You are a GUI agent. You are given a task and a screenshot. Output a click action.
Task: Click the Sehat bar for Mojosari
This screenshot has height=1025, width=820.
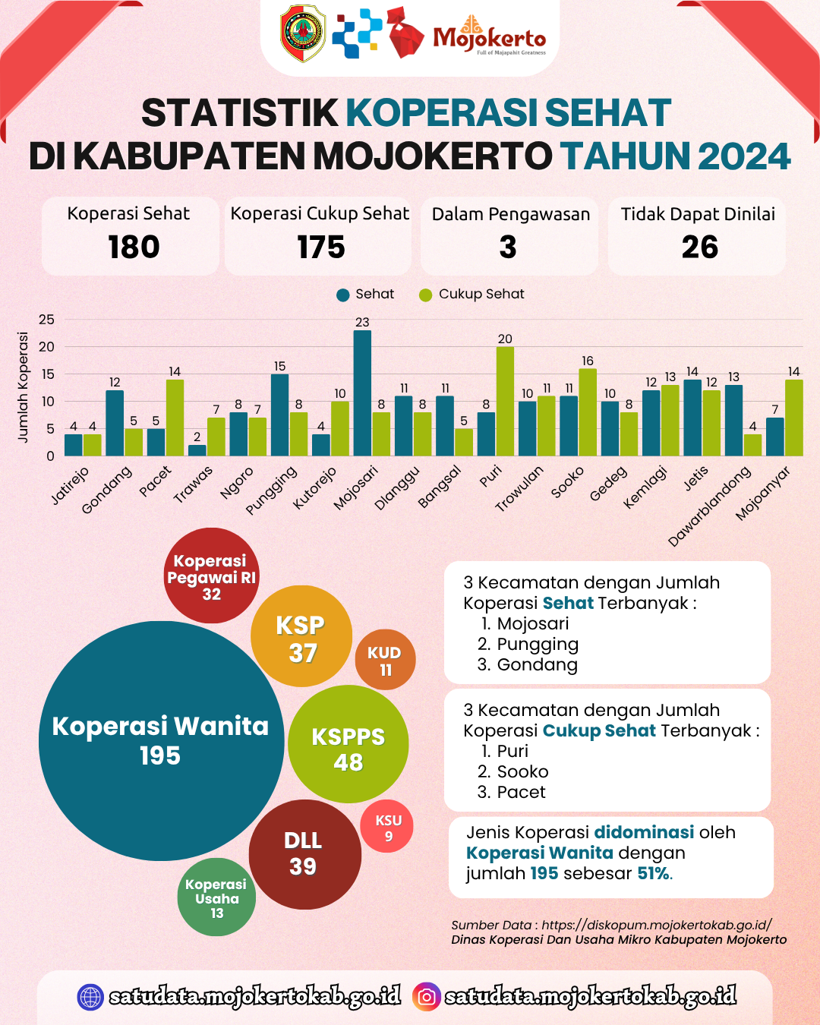pos(362,393)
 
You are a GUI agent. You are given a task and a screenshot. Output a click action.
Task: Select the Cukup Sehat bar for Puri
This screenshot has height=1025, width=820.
pos(505,402)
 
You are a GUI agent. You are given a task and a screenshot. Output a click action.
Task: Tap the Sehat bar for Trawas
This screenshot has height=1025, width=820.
pos(197,450)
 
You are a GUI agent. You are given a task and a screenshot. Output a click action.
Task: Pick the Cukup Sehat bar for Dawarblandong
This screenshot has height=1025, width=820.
pos(752,445)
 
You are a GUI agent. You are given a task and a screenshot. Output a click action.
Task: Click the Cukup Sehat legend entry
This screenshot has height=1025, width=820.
pos(472,295)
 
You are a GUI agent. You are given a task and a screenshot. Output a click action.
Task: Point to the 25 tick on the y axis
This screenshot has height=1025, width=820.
pos(47,320)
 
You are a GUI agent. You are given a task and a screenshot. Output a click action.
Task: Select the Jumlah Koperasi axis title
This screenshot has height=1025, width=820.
pos(23,387)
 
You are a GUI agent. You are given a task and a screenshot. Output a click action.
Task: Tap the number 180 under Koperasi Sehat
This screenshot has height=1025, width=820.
pos(134,248)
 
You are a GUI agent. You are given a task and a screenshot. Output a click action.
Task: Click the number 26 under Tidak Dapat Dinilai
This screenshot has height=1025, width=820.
pos(699,248)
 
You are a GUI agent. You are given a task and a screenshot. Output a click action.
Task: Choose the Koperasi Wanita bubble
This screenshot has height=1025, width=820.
pos(160,740)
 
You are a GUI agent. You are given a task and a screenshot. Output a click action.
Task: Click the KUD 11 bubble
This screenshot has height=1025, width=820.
pos(385,660)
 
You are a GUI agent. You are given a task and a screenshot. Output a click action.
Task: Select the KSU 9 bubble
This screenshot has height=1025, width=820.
pos(388,827)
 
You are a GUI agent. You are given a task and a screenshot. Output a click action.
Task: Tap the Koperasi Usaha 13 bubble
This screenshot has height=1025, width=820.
pos(216,897)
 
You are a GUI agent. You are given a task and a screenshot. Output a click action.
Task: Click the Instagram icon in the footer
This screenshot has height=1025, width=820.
pos(427,996)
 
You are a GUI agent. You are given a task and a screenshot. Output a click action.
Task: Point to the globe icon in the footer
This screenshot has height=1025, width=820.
pos(90,996)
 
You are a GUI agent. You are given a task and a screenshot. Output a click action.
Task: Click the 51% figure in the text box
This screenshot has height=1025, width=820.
pos(654,873)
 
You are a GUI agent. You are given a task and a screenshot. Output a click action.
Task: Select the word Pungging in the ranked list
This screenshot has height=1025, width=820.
pos(538,645)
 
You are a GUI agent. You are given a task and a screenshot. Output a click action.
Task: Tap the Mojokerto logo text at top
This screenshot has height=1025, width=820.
pos(490,38)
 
